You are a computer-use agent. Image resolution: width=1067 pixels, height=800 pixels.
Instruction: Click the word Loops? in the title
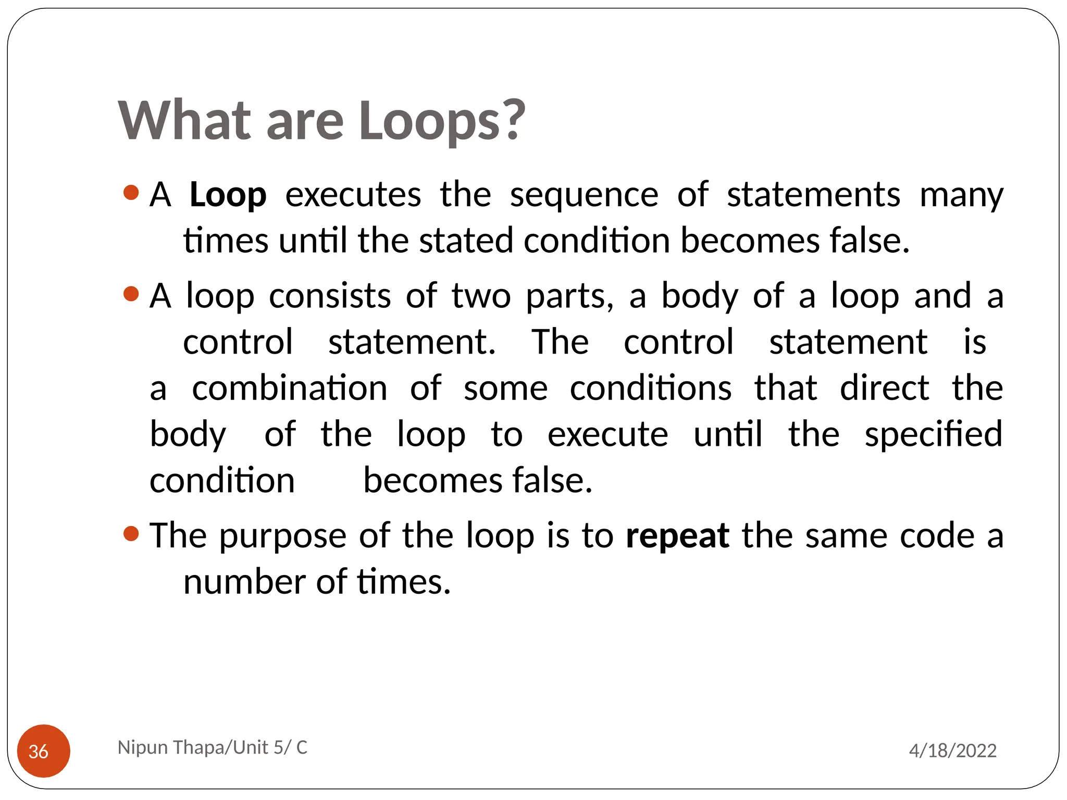point(442,121)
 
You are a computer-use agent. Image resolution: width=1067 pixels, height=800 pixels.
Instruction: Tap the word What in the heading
point(185,121)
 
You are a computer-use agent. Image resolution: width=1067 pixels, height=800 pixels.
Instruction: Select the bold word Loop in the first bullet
point(228,195)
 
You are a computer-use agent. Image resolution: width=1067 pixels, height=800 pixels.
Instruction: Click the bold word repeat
point(677,536)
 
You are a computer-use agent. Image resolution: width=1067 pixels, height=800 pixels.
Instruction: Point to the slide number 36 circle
point(44,751)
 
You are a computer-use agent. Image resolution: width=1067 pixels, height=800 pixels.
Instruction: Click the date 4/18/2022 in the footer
point(952,751)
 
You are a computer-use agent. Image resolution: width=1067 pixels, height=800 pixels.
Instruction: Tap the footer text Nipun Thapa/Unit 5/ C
point(213,747)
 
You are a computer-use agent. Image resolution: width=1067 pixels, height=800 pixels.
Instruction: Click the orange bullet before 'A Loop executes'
point(131,193)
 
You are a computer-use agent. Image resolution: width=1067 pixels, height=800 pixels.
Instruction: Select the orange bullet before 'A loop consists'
point(131,294)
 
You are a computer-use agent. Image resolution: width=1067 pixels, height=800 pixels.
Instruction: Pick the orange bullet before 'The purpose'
point(131,533)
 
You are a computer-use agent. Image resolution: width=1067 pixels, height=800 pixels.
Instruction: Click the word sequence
point(584,195)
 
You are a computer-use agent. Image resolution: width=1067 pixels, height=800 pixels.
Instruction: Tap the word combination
point(290,389)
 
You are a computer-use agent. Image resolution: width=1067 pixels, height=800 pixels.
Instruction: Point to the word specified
point(933,434)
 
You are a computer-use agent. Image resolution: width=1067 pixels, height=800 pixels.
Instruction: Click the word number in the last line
point(244,582)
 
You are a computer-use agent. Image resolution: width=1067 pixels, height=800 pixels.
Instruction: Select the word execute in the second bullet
point(607,434)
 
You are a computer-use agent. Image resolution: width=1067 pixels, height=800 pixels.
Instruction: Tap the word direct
point(884,389)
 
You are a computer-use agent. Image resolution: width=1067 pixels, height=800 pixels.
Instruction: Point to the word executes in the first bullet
point(353,195)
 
